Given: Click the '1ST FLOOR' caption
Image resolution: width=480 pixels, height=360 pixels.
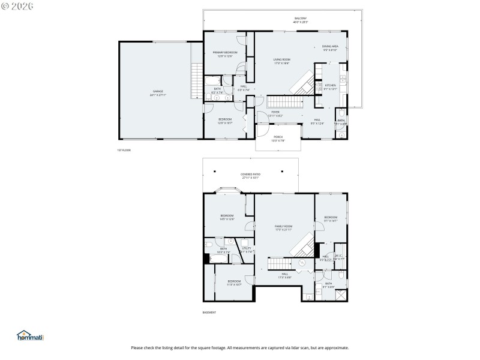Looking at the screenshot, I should tap(124, 150).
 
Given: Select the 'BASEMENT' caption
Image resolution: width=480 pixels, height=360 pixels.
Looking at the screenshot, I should tap(209, 313).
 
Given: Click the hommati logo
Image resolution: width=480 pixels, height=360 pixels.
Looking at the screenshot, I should tap(31, 336).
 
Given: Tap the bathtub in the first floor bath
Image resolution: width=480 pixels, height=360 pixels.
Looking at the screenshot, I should tap(214, 81).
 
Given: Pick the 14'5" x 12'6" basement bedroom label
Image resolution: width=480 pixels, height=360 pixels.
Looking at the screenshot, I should tap(227, 217).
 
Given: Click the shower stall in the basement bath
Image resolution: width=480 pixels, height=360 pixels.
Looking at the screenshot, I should tap(340, 295).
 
